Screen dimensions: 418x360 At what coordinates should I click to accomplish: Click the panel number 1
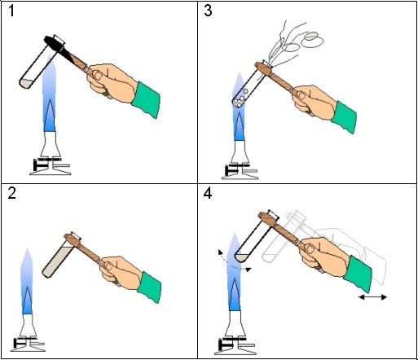11,11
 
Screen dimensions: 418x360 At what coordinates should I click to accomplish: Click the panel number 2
11,193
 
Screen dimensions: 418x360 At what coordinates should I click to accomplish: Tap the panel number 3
208,11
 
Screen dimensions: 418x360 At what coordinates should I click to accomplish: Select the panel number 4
208,194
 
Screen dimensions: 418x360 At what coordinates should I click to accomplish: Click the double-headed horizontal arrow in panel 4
372,297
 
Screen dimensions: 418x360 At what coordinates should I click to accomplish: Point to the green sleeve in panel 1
146,99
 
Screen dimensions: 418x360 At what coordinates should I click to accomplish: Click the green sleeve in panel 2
150,288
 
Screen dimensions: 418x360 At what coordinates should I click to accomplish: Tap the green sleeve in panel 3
344,117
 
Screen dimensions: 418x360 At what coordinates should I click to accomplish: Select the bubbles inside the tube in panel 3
240,100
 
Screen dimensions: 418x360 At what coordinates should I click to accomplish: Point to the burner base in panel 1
51,166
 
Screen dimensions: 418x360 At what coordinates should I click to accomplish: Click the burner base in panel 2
28,344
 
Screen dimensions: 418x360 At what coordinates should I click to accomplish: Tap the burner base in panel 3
240,172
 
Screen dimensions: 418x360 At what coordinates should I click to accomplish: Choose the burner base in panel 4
235,346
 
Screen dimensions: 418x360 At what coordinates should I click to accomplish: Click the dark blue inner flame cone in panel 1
51,116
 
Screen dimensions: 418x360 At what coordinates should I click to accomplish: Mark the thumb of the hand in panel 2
109,266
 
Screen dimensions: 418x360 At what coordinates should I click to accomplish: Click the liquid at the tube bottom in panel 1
27,84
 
